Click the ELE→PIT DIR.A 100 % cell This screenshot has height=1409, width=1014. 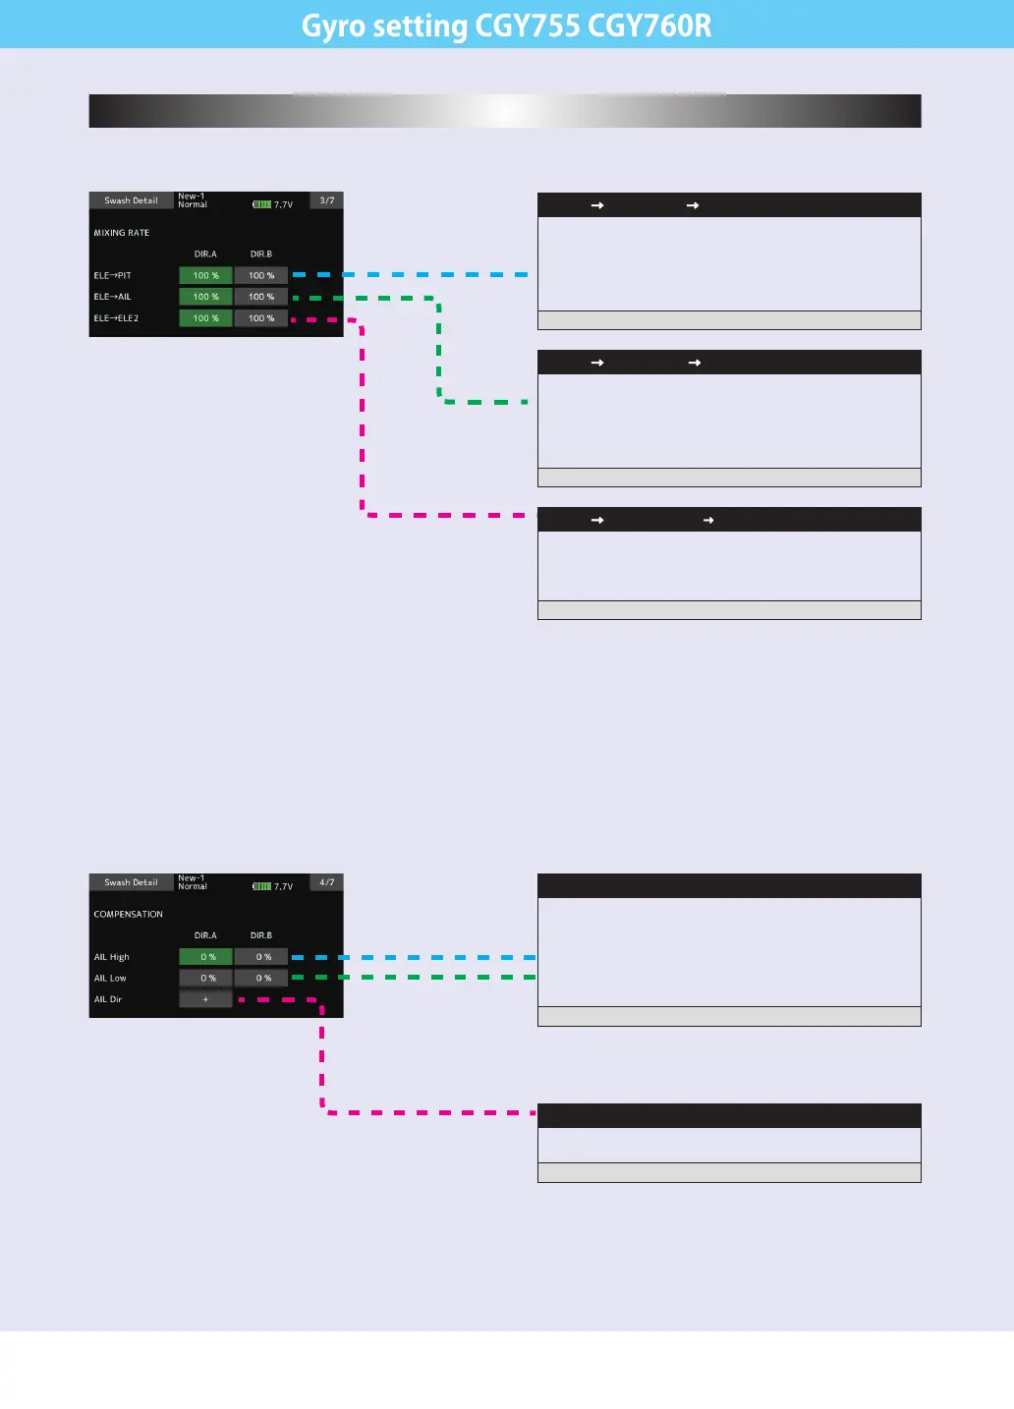[205, 275]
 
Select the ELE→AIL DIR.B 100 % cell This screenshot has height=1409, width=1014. [260, 297]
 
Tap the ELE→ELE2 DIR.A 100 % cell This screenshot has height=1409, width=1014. [205, 318]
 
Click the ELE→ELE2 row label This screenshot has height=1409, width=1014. [116, 318]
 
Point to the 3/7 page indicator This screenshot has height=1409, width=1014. [327, 200]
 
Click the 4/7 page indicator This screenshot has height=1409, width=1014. [327, 882]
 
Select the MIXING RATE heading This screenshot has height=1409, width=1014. [122, 233]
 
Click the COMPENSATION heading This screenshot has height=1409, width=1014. [129, 915]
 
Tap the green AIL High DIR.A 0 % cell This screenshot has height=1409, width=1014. [205, 957]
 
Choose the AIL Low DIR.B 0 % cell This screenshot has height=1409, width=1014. [260, 979]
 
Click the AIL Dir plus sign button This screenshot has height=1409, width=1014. [205, 999]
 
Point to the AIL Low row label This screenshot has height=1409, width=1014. [110, 979]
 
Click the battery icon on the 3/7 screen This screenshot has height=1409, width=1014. [262, 204]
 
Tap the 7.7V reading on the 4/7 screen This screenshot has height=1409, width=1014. [284, 886]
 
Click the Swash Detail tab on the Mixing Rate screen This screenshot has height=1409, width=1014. [131, 200]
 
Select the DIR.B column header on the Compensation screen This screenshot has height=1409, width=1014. [260, 935]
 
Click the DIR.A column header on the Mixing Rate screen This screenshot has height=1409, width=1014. [205, 254]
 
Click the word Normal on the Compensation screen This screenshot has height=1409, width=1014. [193, 887]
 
